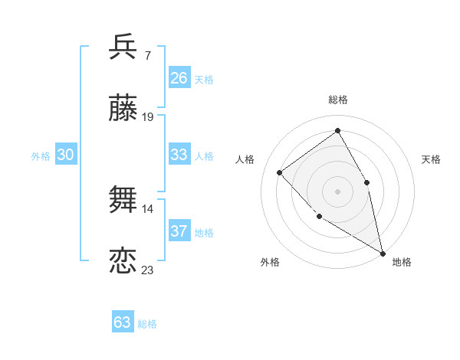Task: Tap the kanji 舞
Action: click(123, 200)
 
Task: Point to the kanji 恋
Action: click(123, 261)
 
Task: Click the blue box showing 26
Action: click(179, 78)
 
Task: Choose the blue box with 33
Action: click(179, 155)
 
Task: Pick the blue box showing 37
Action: click(179, 231)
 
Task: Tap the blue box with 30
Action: click(66, 155)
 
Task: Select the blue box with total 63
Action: click(123, 322)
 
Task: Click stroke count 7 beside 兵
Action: click(147, 55)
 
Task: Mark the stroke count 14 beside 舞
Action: click(148, 208)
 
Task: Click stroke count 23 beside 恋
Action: click(148, 270)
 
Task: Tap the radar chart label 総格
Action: click(338, 100)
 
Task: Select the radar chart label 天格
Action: click(432, 159)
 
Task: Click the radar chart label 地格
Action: click(402, 262)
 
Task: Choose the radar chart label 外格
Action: click(270, 262)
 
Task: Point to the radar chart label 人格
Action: click(245, 159)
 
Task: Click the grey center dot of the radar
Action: click(337, 191)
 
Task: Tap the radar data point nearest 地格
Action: click(383, 253)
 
